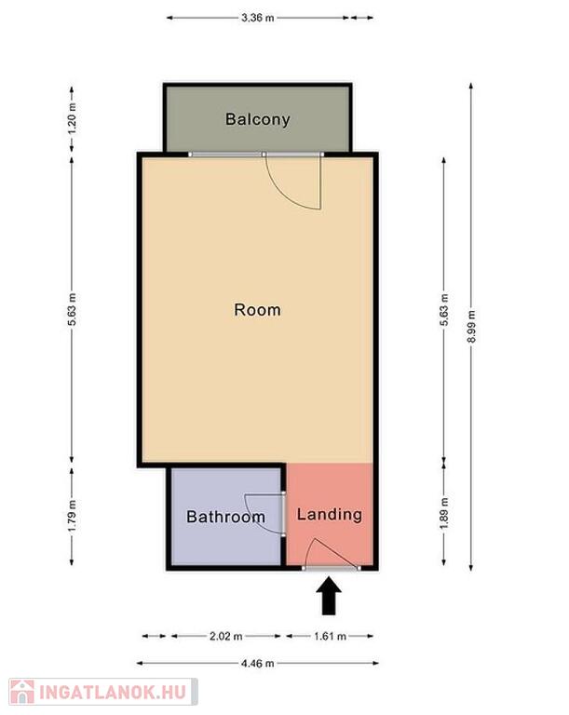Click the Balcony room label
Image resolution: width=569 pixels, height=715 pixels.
pos(257,119)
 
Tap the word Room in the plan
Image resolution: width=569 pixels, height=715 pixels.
pos(257,310)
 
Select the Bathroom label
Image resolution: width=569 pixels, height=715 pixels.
pos(226,517)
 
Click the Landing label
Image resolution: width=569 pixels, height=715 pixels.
pos(330,515)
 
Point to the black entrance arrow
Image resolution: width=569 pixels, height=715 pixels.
pos(329,596)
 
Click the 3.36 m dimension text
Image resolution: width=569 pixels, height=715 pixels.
pos(258,18)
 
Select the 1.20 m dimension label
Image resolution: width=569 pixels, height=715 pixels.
pos(72,118)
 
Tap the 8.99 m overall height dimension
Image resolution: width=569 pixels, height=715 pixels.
pos(471,327)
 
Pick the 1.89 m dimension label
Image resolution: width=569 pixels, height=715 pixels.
pos(444,514)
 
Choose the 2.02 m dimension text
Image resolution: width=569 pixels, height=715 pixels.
pos(226,636)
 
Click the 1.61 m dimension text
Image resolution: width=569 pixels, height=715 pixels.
pos(330,636)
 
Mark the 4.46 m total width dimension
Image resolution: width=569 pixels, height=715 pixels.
pos(258,663)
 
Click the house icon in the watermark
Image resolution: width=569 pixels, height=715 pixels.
pos(22,693)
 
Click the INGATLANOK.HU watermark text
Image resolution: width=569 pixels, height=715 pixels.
pos(114,693)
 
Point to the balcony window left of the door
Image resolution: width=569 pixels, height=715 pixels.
pos(226,155)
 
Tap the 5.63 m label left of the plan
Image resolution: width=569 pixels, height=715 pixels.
pos(72,310)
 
